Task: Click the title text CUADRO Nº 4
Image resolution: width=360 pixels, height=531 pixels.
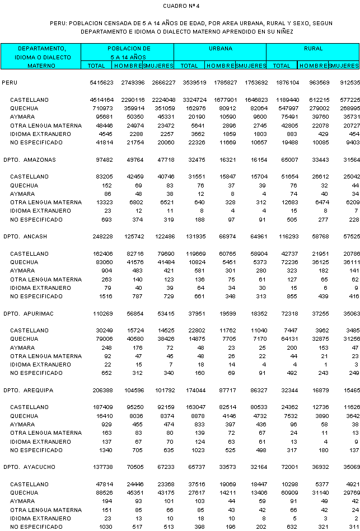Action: click(x=180, y=6)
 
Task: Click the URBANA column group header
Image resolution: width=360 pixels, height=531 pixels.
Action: click(x=221, y=49)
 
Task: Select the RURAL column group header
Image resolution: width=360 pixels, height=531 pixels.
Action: click(x=313, y=49)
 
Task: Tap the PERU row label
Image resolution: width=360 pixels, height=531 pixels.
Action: click(x=10, y=83)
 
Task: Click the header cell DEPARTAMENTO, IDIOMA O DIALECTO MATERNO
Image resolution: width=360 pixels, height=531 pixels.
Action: click(x=41, y=57)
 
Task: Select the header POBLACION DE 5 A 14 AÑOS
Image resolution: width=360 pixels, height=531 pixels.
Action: click(x=128, y=53)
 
